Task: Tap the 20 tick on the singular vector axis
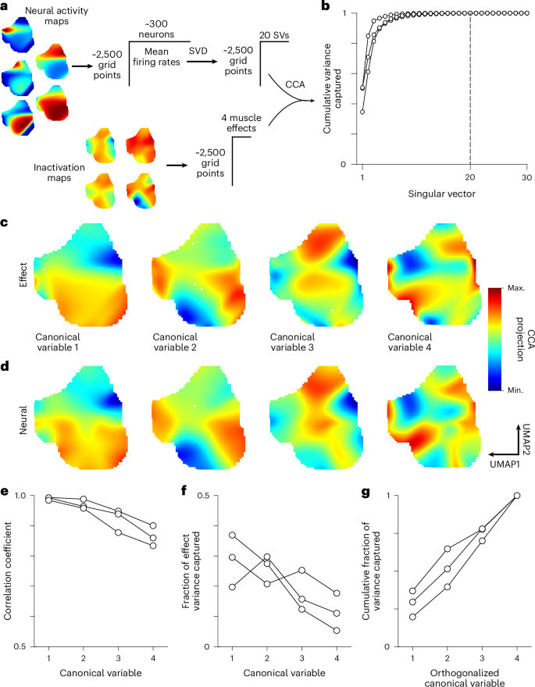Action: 470,178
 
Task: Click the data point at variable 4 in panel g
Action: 517,495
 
